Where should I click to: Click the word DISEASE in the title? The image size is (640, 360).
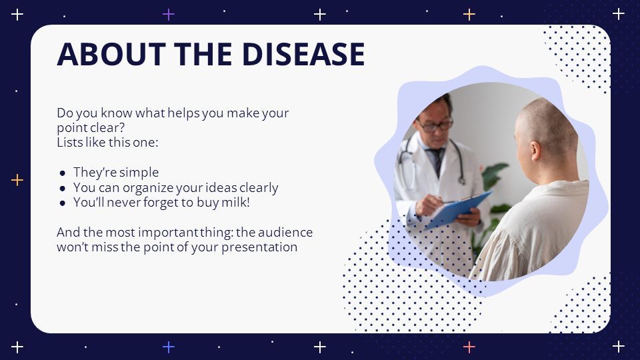tap(303, 54)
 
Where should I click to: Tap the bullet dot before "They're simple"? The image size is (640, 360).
tap(63, 173)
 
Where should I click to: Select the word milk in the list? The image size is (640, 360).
tap(235, 203)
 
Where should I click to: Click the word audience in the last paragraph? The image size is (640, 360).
tap(285, 232)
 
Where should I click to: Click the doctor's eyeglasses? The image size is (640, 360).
tap(434, 125)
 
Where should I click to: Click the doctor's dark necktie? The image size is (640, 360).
tap(437, 161)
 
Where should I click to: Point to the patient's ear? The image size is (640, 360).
tap(535, 151)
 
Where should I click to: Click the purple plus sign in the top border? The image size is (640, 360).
tap(169, 15)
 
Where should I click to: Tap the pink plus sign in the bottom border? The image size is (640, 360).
tap(469, 347)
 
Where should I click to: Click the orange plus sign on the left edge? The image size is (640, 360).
tap(17, 180)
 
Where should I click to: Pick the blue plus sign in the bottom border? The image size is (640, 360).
tap(169, 347)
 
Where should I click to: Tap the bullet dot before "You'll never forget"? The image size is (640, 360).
tap(63, 203)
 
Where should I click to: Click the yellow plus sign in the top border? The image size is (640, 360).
tap(469, 15)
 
